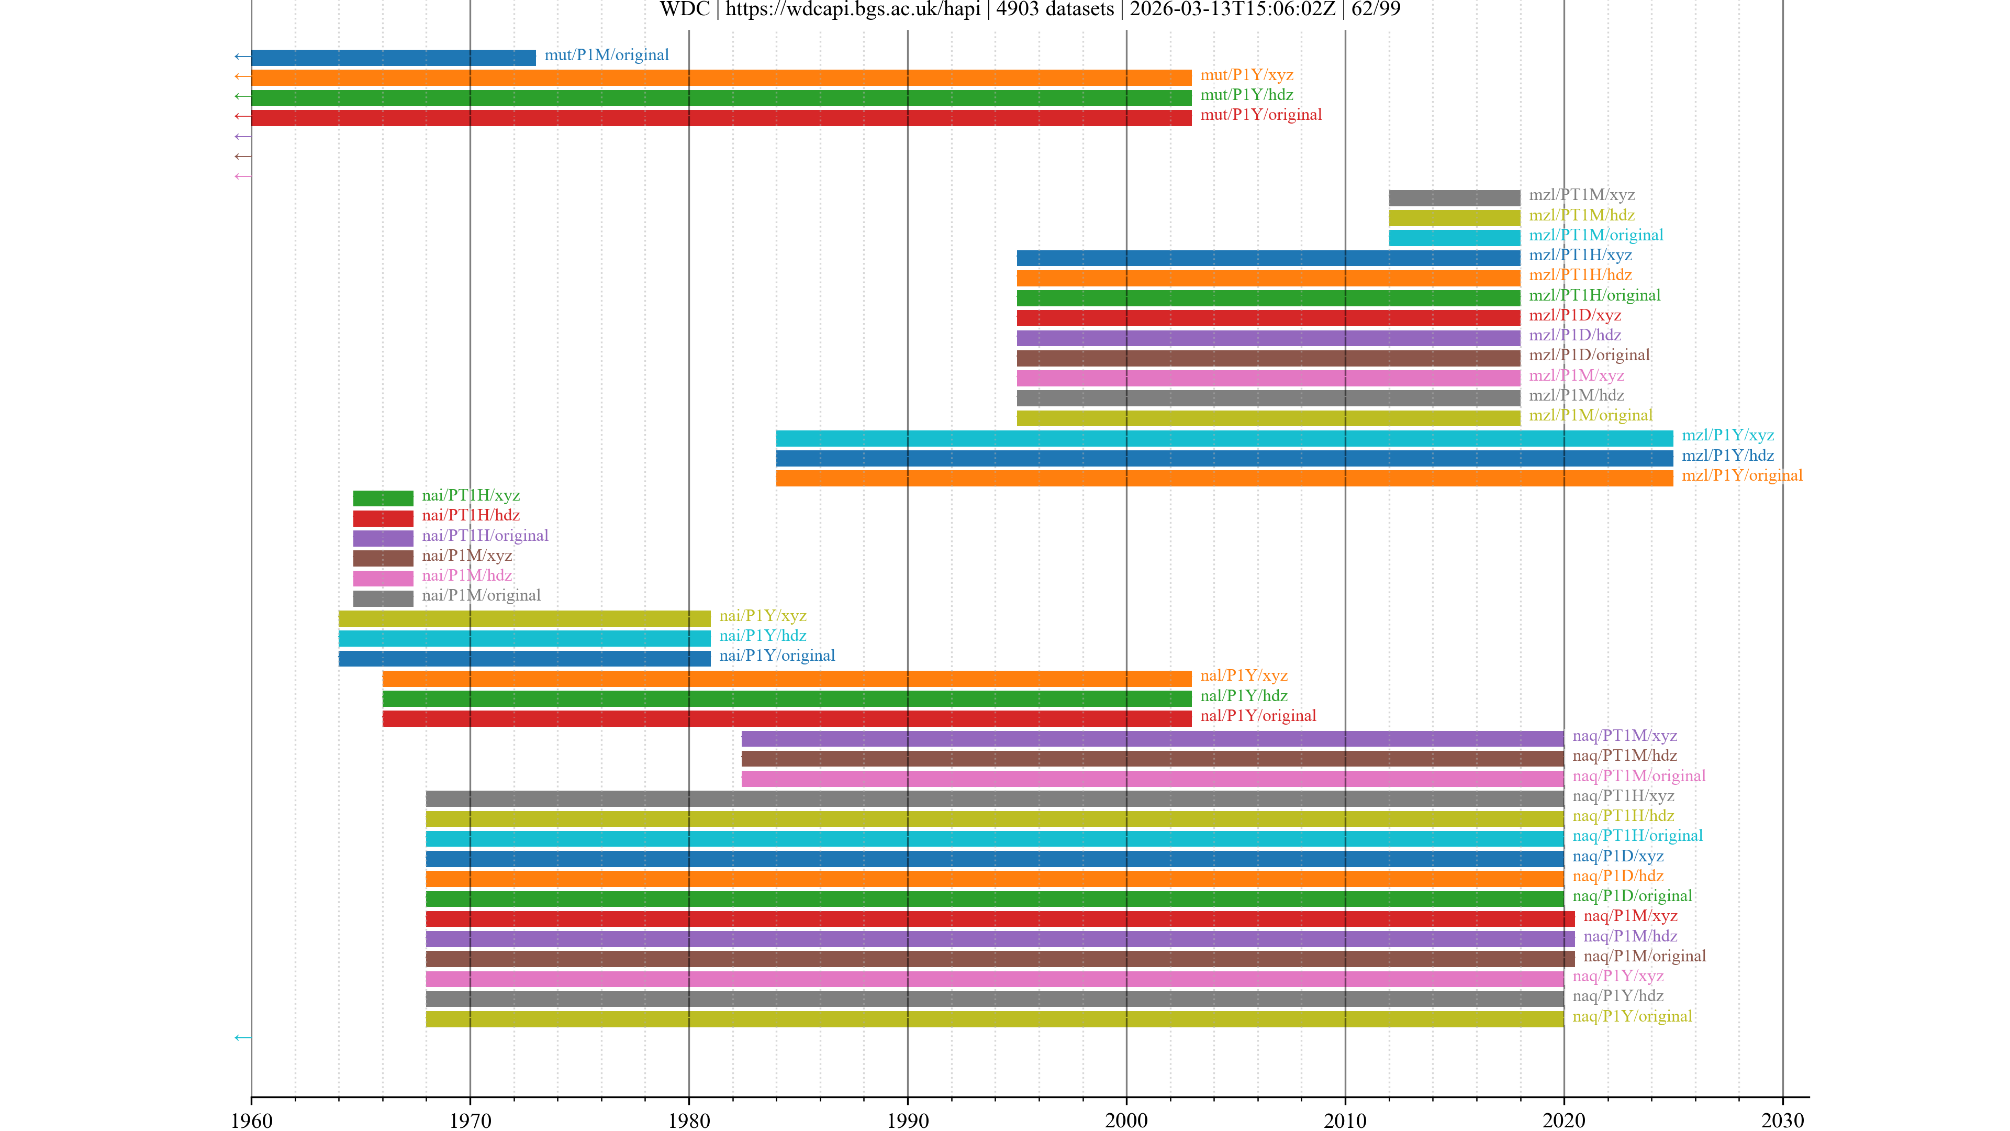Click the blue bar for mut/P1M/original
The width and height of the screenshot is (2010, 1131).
(393, 58)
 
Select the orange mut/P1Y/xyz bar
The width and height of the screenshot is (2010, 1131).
(721, 77)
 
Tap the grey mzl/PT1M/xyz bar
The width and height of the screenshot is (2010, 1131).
(1454, 197)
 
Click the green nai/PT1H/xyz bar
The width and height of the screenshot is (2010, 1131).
(383, 498)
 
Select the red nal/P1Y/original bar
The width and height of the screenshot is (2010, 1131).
(787, 718)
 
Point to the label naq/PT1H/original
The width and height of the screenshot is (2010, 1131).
(1637, 836)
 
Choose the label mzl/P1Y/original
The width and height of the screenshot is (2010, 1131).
(1741, 475)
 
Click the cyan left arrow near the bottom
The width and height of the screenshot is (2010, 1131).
(243, 1037)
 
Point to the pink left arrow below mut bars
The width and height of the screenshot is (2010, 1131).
(243, 176)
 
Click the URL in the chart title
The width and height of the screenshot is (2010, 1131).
(852, 9)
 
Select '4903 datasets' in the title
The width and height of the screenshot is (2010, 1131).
(1055, 9)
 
